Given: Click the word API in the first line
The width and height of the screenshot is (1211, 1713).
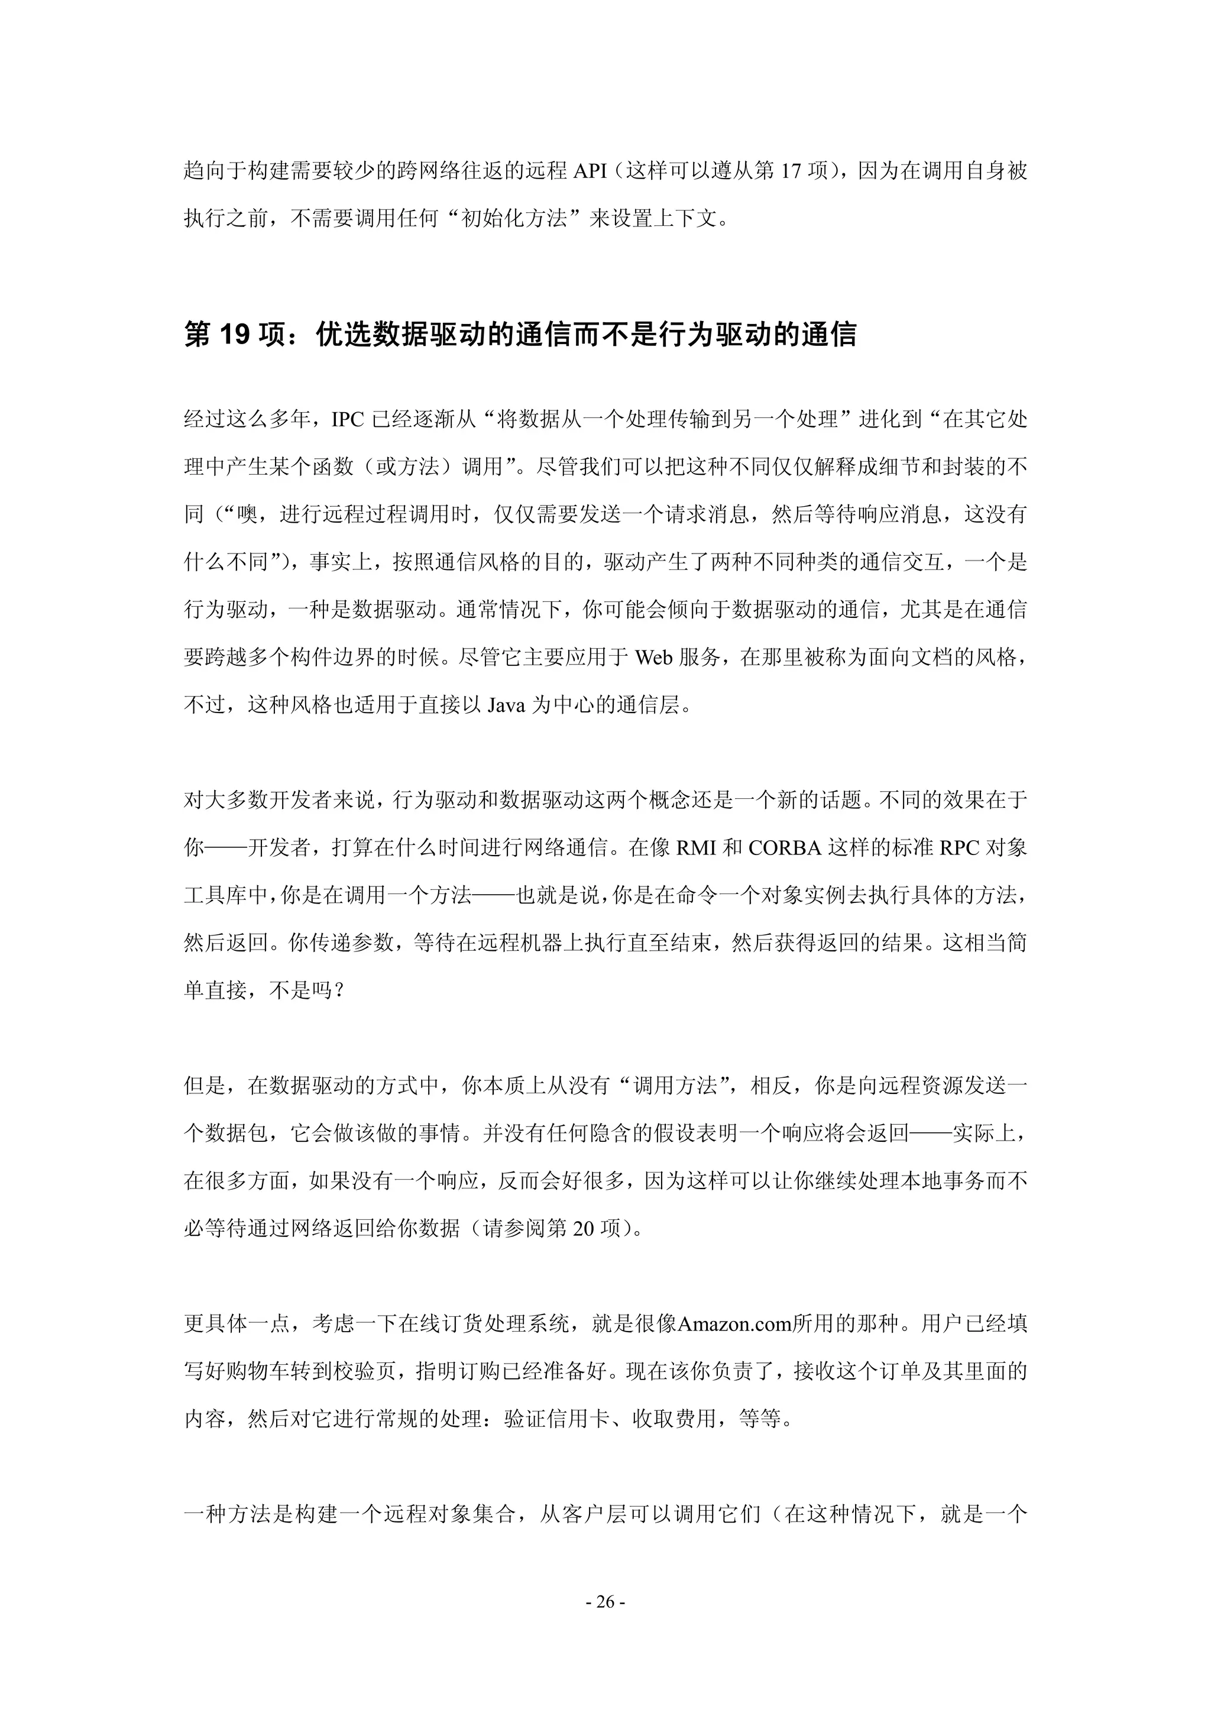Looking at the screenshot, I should pos(590,171).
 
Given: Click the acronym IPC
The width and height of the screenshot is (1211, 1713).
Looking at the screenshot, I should pos(348,419).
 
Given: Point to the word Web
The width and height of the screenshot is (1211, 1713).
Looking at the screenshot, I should pos(653,658).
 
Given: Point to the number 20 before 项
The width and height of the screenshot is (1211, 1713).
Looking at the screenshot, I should pos(584,1228).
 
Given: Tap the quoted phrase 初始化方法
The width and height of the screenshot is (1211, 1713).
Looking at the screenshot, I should pos(515,219).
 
